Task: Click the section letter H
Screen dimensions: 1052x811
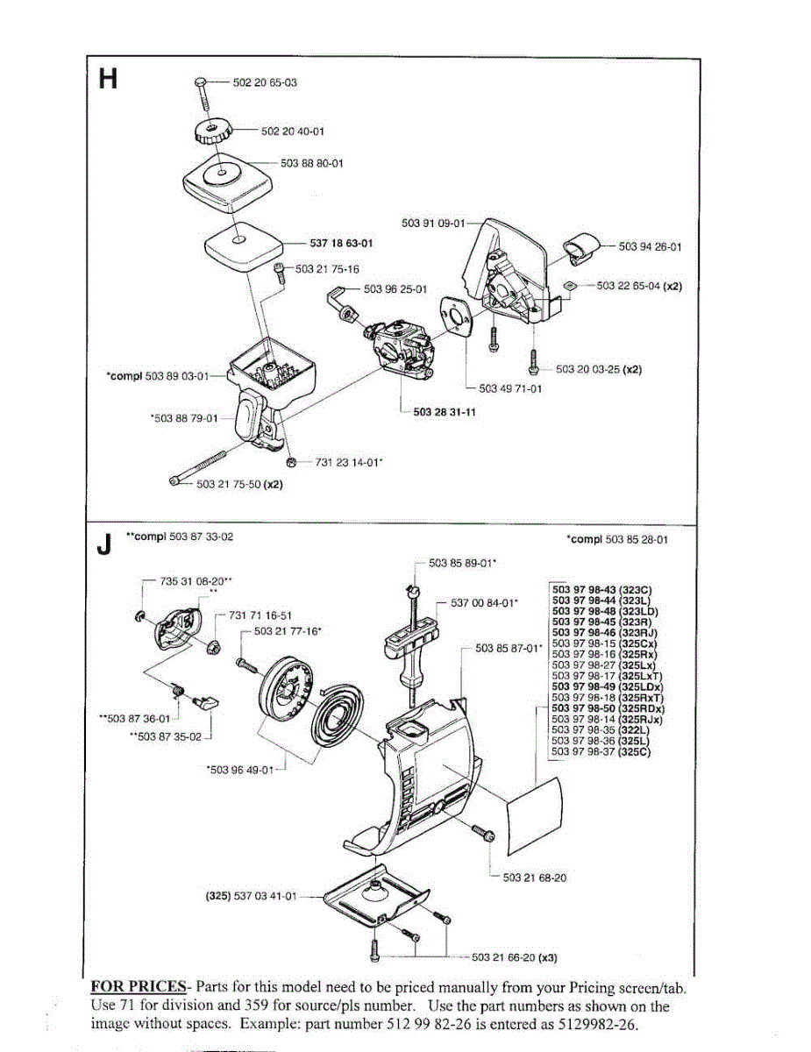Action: click(108, 80)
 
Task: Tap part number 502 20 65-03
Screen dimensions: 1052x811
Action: click(265, 82)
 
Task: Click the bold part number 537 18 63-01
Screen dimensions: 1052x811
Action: click(341, 243)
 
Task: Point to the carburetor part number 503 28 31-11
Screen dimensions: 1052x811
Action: click(445, 412)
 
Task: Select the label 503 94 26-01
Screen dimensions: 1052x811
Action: click(650, 247)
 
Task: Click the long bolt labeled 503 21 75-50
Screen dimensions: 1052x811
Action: click(203, 469)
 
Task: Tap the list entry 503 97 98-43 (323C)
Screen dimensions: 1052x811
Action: click(601, 589)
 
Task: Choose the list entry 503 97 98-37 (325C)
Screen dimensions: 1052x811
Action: click(601, 750)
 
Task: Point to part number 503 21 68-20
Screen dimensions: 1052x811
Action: click(534, 877)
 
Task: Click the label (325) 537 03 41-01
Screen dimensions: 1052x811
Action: click(251, 896)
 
